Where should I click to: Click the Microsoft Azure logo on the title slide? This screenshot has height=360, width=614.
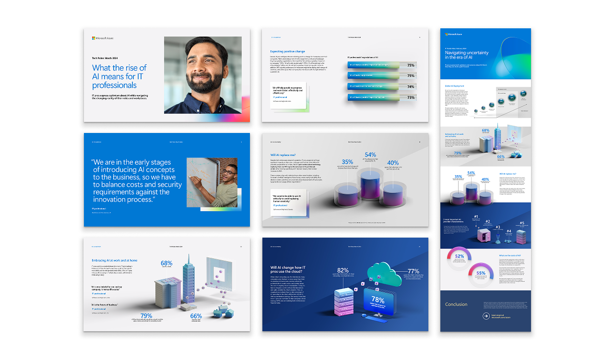click(x=103, y=38)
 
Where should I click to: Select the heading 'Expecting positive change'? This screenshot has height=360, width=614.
click(x=287, y=51)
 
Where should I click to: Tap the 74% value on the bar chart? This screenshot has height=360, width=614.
click(x=411, y=87)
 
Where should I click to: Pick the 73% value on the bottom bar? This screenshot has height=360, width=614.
click(x=411, y=97)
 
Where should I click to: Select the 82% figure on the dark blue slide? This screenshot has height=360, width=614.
click(x=342, y=271)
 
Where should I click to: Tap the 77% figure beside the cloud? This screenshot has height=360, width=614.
click(x=413, y=271)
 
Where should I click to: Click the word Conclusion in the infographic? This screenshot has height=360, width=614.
click(x=456, y=304)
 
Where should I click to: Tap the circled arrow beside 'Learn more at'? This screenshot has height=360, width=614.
click(x=486, y=316)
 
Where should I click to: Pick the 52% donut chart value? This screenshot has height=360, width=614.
click(x=459, y=257)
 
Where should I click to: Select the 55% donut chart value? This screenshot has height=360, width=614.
click(x=481, y=273)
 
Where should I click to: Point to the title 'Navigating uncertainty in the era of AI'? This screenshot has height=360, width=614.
click(x=467, y=55)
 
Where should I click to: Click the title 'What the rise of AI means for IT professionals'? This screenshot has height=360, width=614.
click(x=119, y=76)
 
